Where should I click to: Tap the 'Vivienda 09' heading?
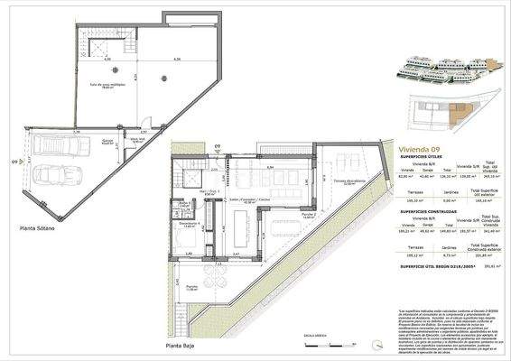419,147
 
